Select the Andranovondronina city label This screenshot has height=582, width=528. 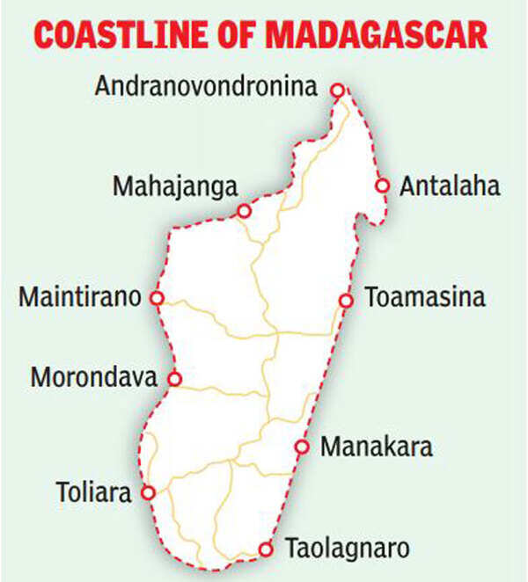pyautogui.click(x=206, y=86)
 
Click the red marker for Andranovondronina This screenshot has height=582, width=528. pyautogui.click(x=336, y=90)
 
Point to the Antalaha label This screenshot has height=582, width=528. pyautogui.click(x=450, y=186)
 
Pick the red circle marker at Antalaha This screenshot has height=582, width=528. pyautogui.click(x=382, y=186)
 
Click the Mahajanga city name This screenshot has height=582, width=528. pyautogui.click(x=176, y=187)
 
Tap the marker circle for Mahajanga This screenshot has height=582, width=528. pyautogui.click(x=245, y=211)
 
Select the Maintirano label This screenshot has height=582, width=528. pyautogui.click(x=80, y=297)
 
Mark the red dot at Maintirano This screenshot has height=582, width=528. pyautogui.click(x=157, y=298)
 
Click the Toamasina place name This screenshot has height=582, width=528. pyautogui.click(x=425, y=297)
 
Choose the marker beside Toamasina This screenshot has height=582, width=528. pyautogui.click(x=346, y=301)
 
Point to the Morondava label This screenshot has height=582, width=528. pyautogui.click(x=93, y=379)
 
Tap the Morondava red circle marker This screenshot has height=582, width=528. pyautogui.click(x=174, y=380)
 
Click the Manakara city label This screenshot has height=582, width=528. pyautogui.click(x=377, y=447)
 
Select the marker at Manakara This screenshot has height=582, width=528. pyautogui.click(x=302, y=447)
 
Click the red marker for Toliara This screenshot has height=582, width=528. pyautogui.click(x=149, y=492)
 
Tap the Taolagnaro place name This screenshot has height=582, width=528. pyautogui.click(x=347, y=549)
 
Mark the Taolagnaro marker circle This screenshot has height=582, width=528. pyautogui.click(x=265, y=549)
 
